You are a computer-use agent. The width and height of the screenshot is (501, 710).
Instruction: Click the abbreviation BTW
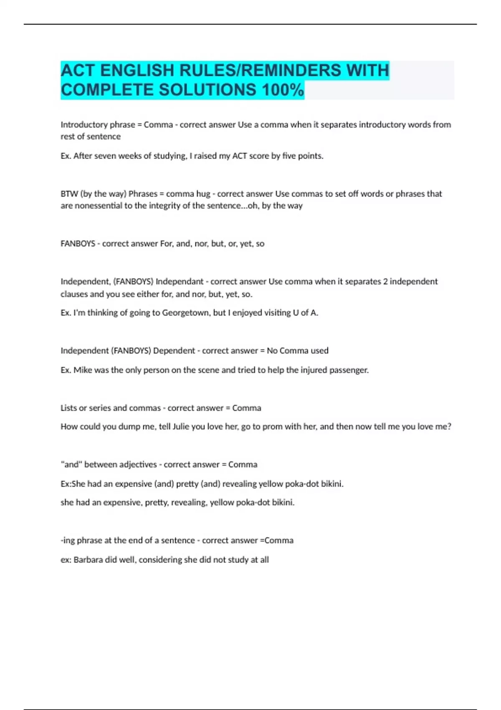click(x=69, y=194)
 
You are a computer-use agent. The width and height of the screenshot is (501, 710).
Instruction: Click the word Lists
click(x=69, y=408)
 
